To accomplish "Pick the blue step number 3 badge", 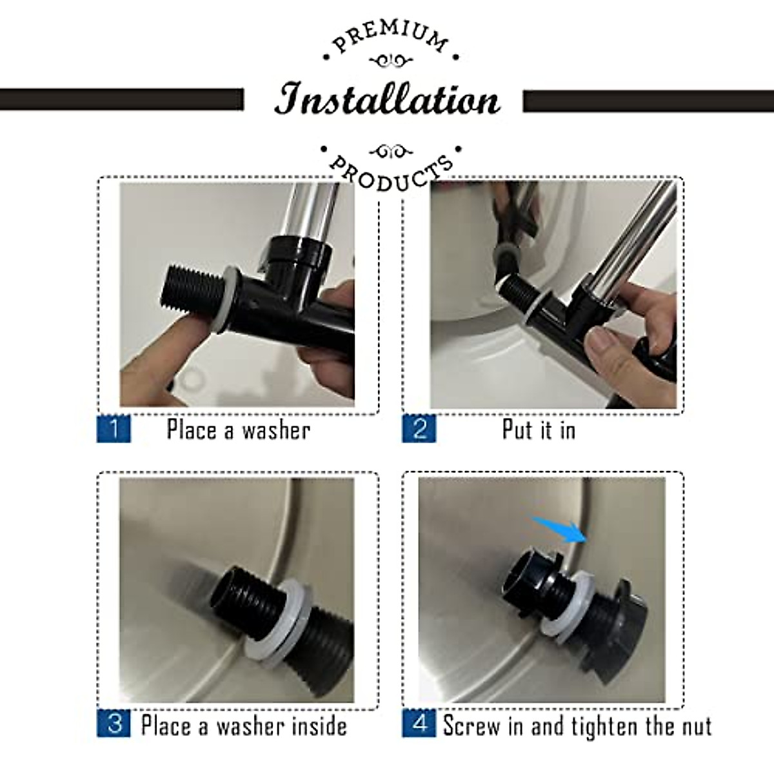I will [x=114, y=724].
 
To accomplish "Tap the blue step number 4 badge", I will [x=419, y=724].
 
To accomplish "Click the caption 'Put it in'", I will [x=539, y=430].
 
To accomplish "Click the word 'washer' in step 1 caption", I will [x=275, y=430].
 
